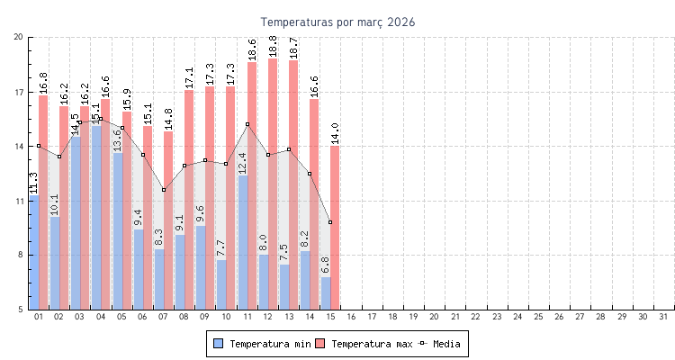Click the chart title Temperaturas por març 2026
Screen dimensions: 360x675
click(x=337, y=22)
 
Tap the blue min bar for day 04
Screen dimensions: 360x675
click(x=96, y=216)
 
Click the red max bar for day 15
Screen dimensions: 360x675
click(x=335, y=225)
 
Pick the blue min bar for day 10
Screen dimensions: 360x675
click(x=221, y=284)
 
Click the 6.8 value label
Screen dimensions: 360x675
click(x=325, y=265)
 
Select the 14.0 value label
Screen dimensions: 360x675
click(x=335, y=133)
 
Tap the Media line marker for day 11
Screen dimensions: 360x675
click(x=247, y=124)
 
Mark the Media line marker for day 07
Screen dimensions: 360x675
click(x=164, y=190)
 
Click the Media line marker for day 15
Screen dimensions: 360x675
click(x=330, y=222)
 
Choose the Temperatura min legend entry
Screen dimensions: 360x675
click(x=262, y=344)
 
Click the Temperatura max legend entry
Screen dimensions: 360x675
click(x=364, y=344)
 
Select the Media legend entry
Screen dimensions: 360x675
click(x=440, y=344)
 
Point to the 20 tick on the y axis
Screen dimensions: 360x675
click(x=19, y=37)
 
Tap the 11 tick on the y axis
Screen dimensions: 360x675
click(x=19, y=201)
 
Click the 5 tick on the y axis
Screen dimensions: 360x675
click(x=21, y=310)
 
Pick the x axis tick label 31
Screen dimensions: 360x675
click(x=663, y=317)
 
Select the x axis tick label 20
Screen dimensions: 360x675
click(x=434, y=317)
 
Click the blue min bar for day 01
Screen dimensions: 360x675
click(x=34, y=252)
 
